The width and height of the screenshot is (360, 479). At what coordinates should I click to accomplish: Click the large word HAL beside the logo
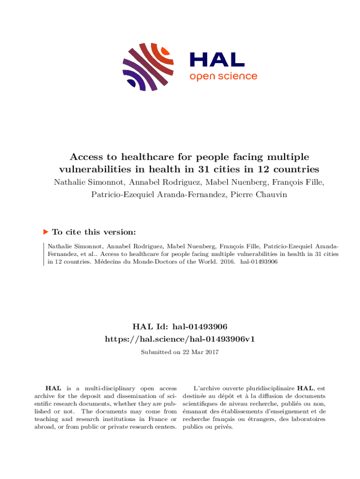[216, 59]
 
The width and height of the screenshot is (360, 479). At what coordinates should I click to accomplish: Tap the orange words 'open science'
[223, 76]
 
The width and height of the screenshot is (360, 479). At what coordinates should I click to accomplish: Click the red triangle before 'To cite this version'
[45, 232]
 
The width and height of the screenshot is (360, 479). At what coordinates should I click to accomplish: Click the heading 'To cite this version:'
[94, 232]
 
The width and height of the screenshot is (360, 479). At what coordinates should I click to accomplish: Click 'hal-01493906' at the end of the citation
[259, 262]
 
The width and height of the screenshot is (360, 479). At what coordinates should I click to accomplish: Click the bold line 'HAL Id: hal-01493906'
[180, 326]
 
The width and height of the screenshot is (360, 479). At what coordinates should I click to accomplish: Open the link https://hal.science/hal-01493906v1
[180, 338]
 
